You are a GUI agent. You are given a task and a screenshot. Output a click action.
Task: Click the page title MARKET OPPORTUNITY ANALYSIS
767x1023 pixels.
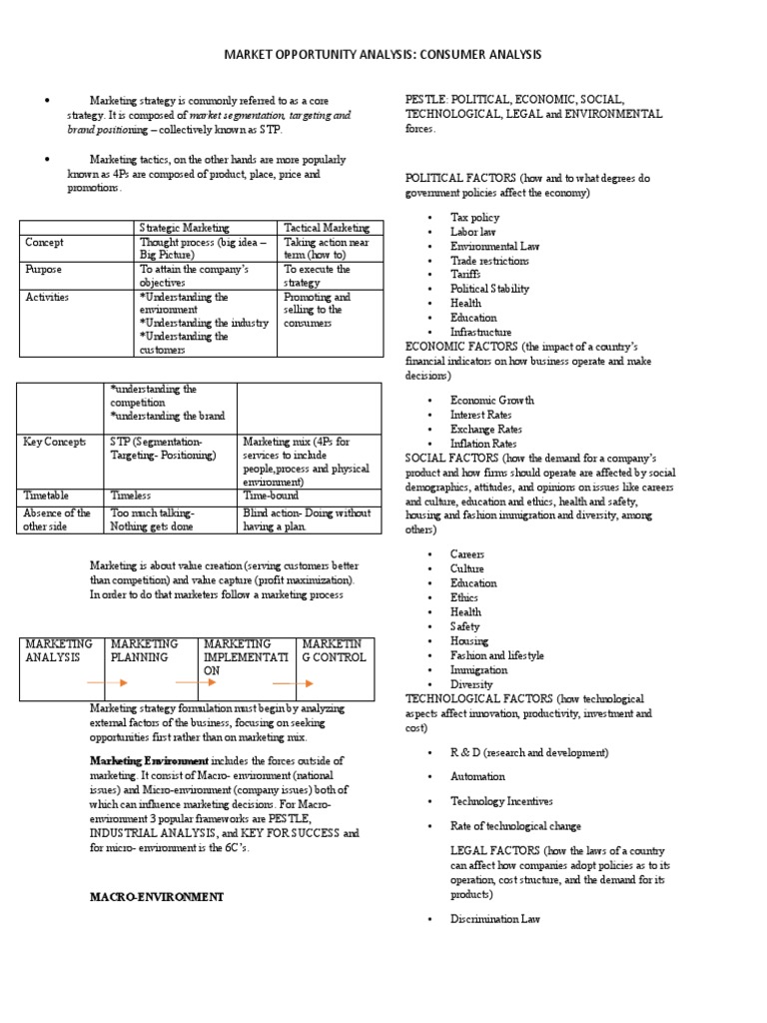(383, 55)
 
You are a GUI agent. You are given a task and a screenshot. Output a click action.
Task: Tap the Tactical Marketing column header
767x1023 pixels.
(327, 228)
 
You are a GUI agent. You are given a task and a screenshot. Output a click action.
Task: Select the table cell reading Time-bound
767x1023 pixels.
(271, 495)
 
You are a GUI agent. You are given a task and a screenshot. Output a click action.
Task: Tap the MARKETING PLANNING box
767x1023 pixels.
(145, 651)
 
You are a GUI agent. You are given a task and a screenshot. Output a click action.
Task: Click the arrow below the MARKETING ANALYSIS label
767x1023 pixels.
(106, 683)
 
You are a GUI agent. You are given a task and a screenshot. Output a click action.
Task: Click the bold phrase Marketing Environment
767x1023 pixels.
(139, 761)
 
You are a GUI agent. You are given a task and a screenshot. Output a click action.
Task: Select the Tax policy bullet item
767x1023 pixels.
(474, 217)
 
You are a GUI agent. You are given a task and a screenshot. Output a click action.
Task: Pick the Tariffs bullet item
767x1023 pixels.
(465, 274)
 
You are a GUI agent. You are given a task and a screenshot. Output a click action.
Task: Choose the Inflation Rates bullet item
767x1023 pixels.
(484, 443)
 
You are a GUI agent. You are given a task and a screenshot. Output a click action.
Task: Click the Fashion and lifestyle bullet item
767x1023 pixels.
(497, 655)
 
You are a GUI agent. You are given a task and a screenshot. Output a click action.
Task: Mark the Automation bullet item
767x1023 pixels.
(477, 776)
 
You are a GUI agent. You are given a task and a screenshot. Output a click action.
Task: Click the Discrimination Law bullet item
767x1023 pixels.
(495, 918)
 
